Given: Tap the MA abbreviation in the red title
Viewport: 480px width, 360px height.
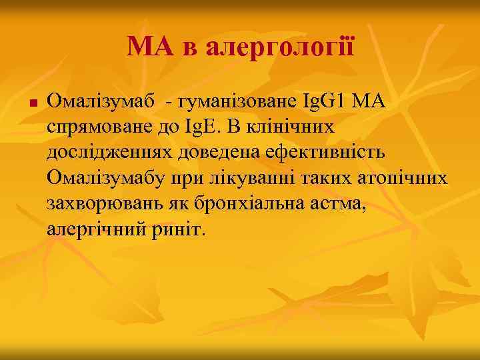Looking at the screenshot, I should [x=147, y=47].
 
